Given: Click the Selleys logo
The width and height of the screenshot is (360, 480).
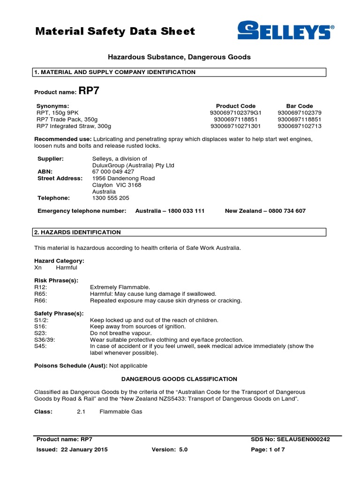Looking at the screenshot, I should click(285, 31).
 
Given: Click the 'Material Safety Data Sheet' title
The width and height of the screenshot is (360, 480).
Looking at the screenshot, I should click(115, 31).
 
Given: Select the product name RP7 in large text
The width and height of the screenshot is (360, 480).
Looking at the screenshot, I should click(89, 91).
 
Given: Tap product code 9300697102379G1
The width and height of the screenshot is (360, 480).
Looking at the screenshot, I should click(235, 112).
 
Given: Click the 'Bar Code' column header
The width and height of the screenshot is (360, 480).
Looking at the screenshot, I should click(300, 106).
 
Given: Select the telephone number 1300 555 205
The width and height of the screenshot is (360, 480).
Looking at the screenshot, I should click(111, 198).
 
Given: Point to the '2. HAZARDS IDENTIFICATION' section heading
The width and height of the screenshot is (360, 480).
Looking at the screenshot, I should click(77, 232).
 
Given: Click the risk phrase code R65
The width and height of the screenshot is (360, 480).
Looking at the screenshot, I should click(41, 293).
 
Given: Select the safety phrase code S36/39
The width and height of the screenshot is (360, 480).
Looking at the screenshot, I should click(45, 339).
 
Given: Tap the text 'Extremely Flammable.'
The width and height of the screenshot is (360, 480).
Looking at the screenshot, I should click(120, 287).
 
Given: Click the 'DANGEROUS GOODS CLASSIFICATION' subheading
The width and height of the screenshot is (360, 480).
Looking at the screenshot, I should click(179, 379).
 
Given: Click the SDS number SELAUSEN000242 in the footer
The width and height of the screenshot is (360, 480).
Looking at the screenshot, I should click(306, 439).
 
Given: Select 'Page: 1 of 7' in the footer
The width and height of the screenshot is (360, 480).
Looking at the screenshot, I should click(268, 450).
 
